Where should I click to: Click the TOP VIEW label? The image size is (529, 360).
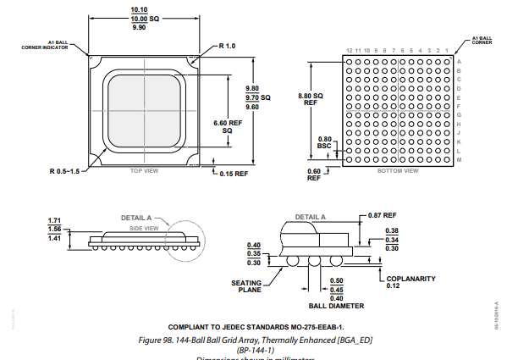(x=144, y=171)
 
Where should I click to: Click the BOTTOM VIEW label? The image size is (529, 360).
(x=397, y=171)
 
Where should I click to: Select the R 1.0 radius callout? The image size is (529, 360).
(x=227, y=46)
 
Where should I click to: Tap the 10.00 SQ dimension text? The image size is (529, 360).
(x=139, y=18)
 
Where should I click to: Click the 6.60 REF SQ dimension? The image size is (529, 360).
(x=227, y=127)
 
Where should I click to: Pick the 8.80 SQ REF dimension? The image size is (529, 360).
(x=311, y=99)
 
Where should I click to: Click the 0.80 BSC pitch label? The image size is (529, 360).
(x=324, y=142)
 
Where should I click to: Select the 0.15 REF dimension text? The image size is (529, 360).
(x=234, y=174)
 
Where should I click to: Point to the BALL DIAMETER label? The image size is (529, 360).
(x=336, y=306)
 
